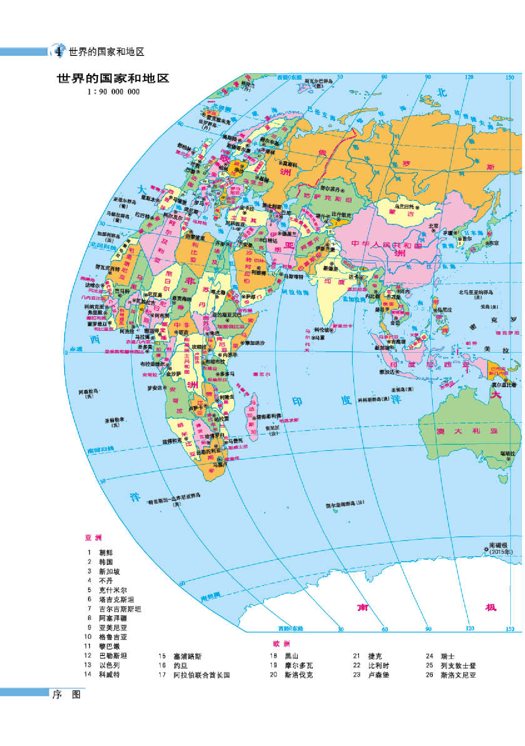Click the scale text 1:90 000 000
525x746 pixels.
pyautogui.click(x=113, y=92)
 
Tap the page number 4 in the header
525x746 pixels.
pyautogui.click(x=58, y=52)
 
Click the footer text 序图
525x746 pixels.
pyautogui.click(x=66, y=694)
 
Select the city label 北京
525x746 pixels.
pyautogui.click(x=434, y=226)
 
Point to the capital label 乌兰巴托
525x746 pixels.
pyautogui.click(x=404, y=206)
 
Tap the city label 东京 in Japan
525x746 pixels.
pyautogui.click(x=493, y=243)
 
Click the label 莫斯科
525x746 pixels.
pyautogui.click(x=289, y=164)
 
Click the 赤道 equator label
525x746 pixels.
pyautogui.click(x=76, y=349)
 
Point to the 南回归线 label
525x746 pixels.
pyautogui.click(x=100, y=450)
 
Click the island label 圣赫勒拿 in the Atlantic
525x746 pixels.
pyautogui.click(x=114, y=422)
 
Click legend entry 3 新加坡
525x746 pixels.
pyautogui.click(x=109, y=571)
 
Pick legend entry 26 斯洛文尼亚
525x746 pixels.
pyautogui.click(x=458, y=675)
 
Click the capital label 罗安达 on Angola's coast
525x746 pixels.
pyautogui.click(x=155, y=388)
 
